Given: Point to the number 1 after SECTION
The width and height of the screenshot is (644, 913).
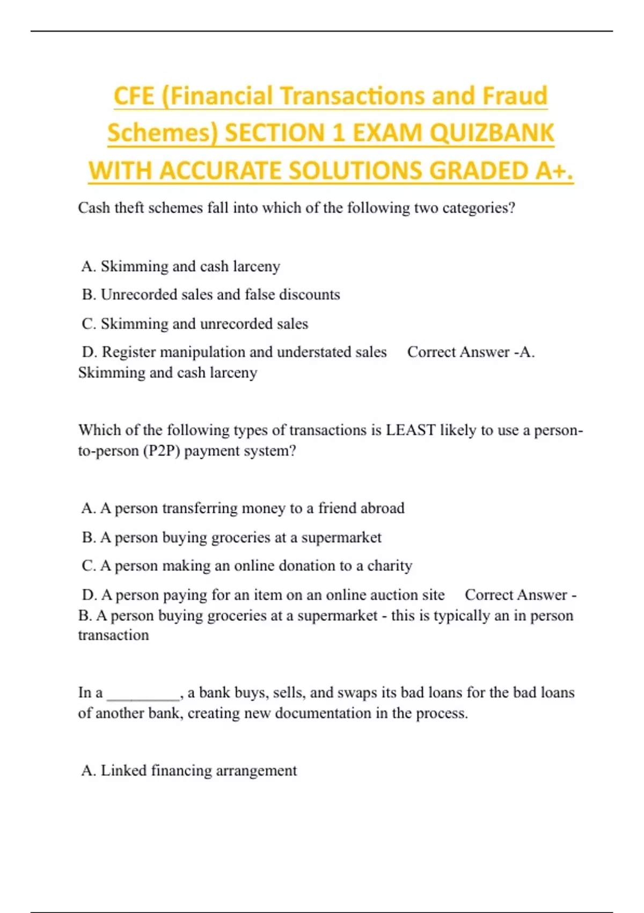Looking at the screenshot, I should click(x=338, y=133).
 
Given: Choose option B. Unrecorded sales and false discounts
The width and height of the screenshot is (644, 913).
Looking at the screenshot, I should click(x=211, y=294).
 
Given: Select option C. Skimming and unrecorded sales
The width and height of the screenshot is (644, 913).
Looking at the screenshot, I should click(x=195, y=324).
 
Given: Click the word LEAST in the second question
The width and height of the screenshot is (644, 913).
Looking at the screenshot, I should click(x=411, y=430).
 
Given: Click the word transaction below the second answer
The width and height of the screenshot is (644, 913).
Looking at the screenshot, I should click(x=113, y=635).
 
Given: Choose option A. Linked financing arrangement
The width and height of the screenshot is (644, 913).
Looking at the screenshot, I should click(x=189, y=771).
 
